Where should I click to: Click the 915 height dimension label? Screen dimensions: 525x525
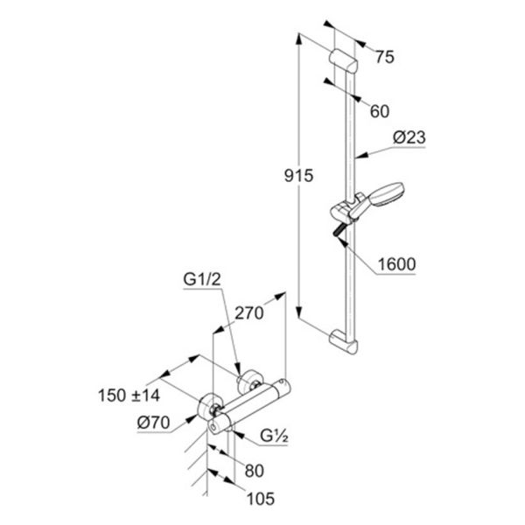[x=298, y=176]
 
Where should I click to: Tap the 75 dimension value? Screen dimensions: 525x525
[x=385, y=57]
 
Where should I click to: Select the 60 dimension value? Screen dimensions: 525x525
[x=380, y=111]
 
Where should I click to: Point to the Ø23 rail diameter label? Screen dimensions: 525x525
[x=409, y=137]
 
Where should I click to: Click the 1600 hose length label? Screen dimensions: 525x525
[x=396, y=264]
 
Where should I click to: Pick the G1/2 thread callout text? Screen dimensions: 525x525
[x=202, y=279]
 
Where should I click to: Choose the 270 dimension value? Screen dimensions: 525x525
[x=249, y=314]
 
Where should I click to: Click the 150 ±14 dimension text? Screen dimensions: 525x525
[x=129, y=395]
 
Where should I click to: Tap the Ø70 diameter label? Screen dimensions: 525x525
[x=153, y=423]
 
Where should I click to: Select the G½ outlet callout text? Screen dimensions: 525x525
[x=274, y=436]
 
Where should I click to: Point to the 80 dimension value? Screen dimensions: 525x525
[x=254, y=471]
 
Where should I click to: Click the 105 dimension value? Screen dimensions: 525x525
[x=261, y=499]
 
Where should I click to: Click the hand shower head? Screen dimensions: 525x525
[x=388, y=194]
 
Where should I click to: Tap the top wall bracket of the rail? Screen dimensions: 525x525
[x=344, y=61]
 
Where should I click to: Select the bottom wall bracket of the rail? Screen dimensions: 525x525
[x=344, y=341]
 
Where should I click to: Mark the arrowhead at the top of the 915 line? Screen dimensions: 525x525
[x=299, y=38]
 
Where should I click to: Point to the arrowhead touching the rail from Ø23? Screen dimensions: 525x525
[x=360, y=156]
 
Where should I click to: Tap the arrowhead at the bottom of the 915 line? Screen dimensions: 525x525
[x=299, y=312]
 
